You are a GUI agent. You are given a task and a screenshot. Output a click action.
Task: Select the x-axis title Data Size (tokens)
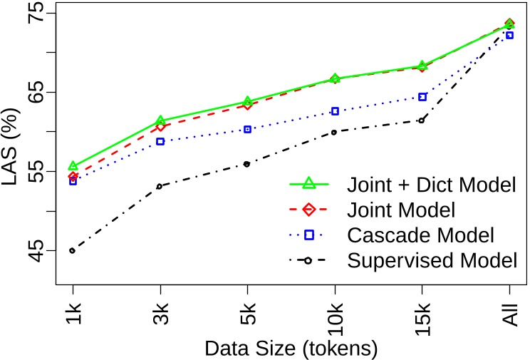tap(290, 349)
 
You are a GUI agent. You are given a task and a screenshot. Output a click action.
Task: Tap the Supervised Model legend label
tap(431, 260)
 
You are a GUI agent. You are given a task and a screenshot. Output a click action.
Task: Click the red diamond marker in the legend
tap(309, 210)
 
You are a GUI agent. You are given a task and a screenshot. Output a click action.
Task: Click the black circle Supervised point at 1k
tap(73, 251)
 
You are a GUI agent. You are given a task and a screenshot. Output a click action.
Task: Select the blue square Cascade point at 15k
tap(422, 97)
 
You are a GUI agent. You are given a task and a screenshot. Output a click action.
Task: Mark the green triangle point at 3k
tap(160, 121)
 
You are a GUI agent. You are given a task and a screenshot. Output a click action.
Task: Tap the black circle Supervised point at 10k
tap(335, 132)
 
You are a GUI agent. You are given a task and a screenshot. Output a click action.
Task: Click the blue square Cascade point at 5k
tap(247, 130)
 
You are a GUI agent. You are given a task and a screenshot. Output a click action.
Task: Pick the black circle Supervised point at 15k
tap(422, 120)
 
